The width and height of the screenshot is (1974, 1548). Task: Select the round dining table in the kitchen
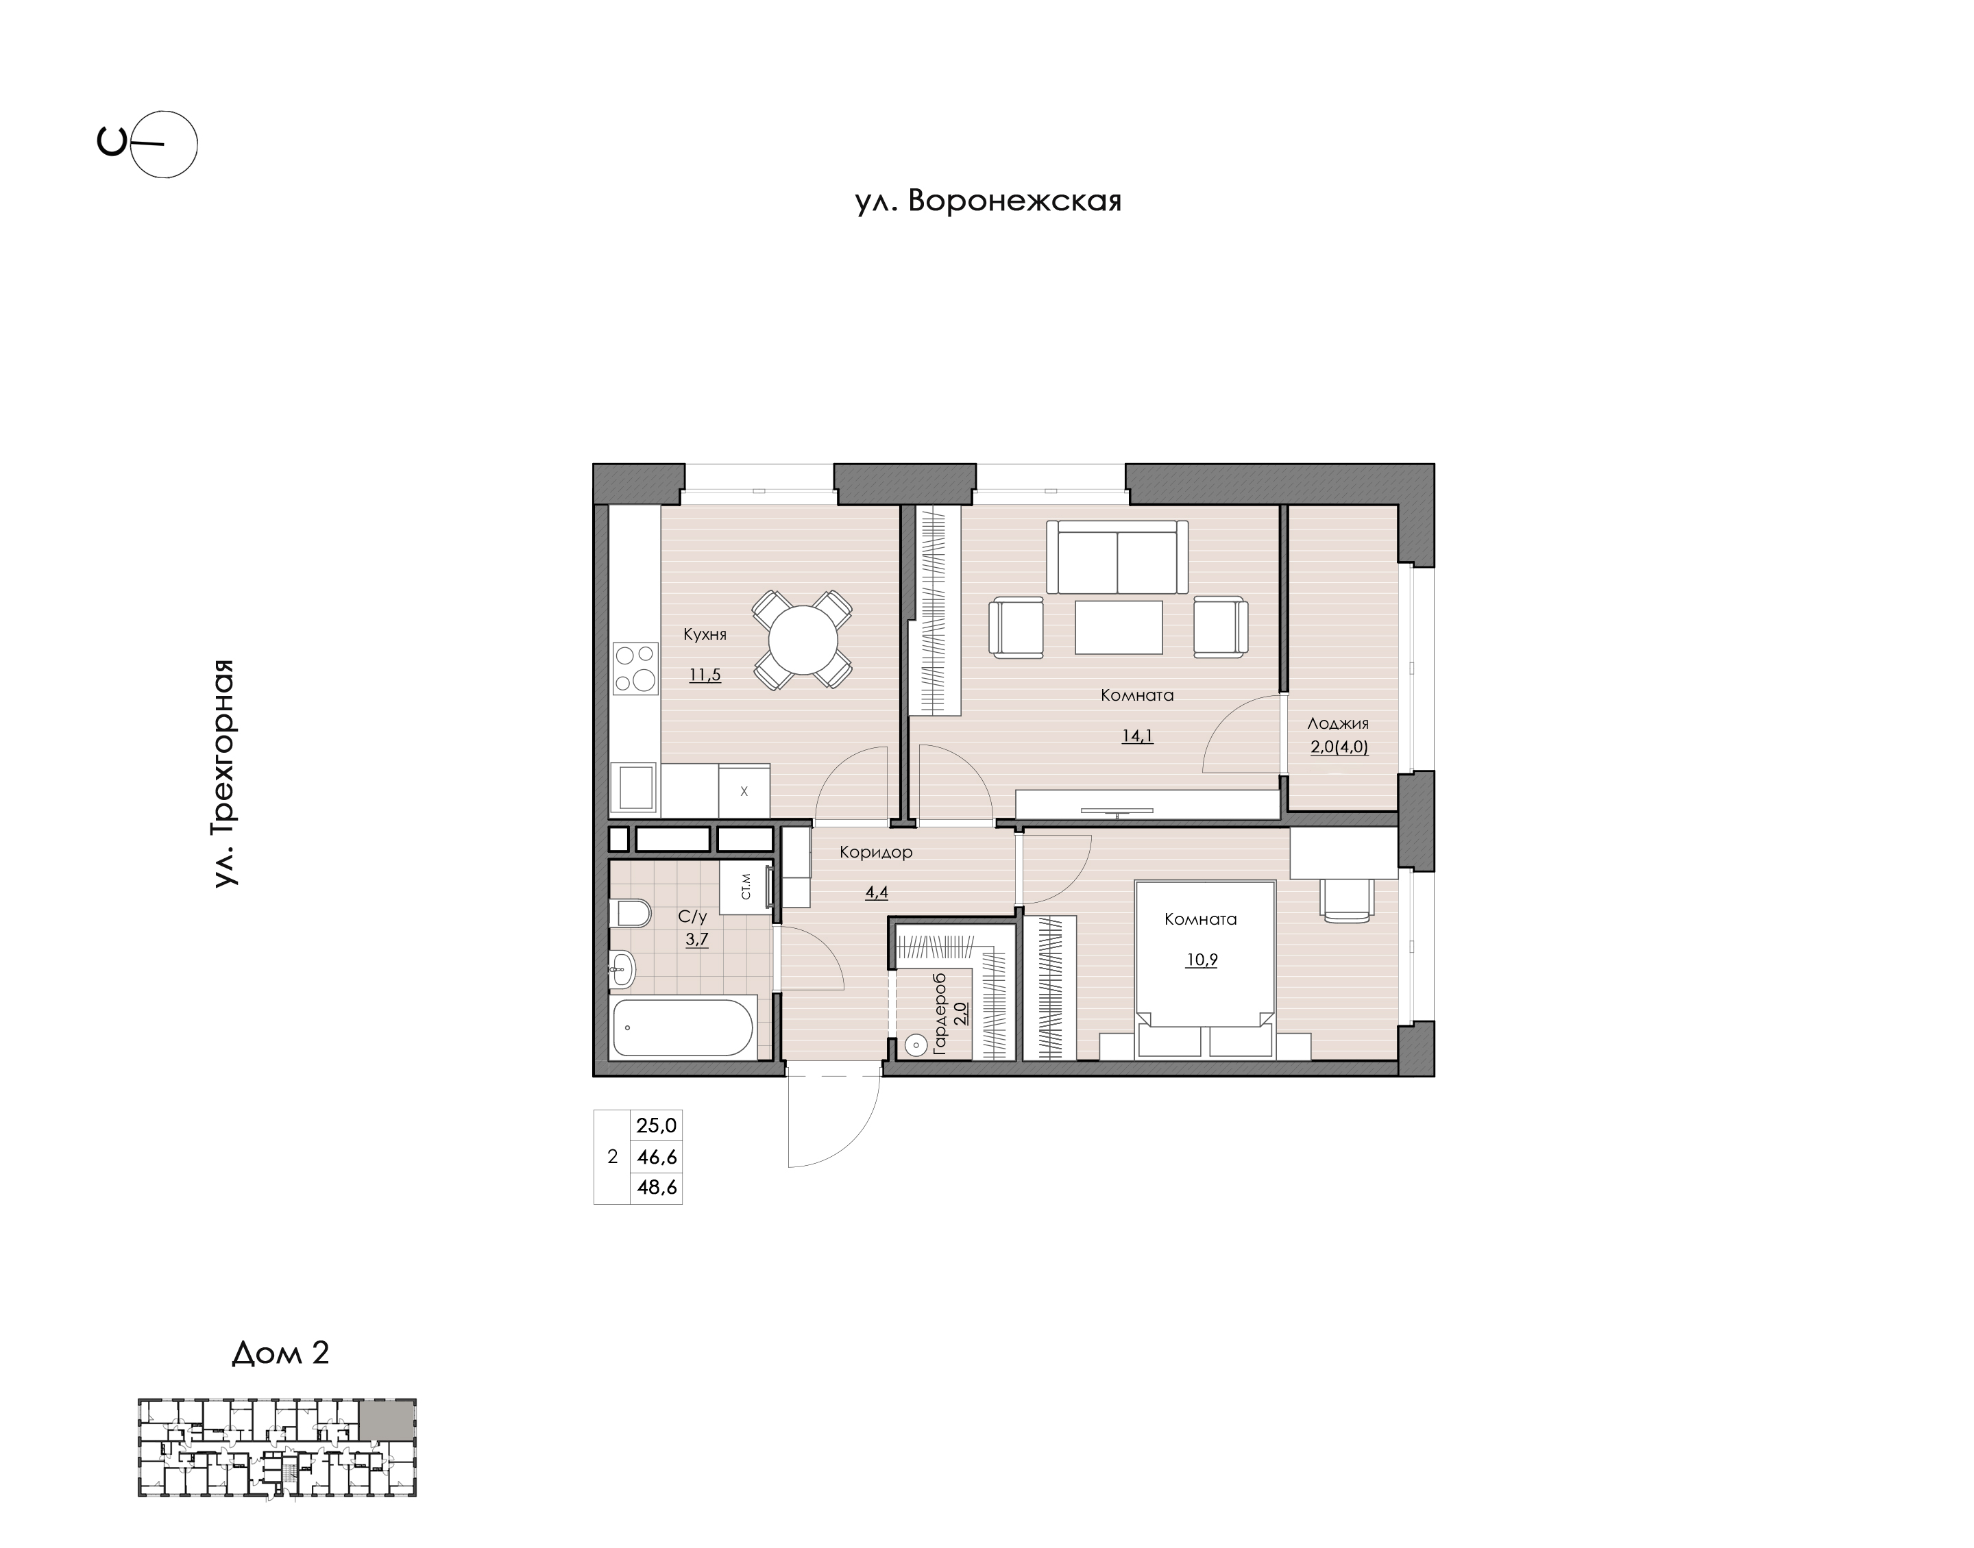click(803, 640)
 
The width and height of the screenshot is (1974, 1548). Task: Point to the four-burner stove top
click(635, 667)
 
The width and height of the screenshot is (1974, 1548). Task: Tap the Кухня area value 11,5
click(705, 675)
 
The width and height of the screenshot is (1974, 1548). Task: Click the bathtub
click(683, 1027)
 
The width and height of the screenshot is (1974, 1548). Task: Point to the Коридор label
click(876, 853)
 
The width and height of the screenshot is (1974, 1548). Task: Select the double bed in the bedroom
click(1205, 969)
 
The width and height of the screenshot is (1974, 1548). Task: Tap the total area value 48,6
click(657, 1187)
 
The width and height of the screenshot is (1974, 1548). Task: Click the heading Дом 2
click(281, 1353)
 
